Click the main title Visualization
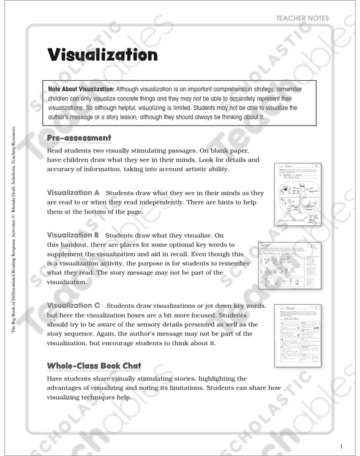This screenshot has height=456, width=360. click(103, 55)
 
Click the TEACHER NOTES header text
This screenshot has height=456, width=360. click(302, 18)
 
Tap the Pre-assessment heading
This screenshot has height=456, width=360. click(79, 138)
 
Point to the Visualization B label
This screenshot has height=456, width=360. click(72, 234)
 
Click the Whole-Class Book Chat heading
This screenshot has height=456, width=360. click(94, 366)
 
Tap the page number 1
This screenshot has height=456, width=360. click(342, 446)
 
